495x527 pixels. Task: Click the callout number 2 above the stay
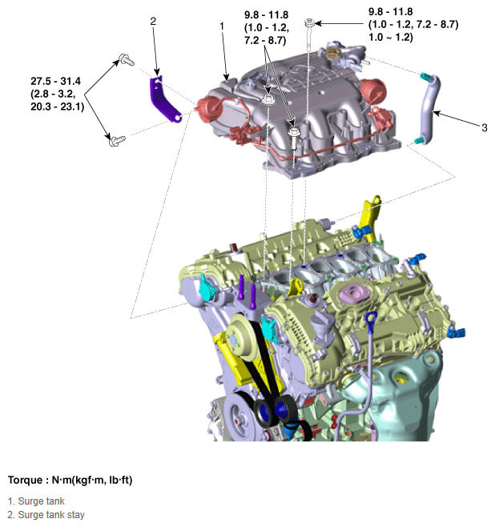click(x=152, y=22)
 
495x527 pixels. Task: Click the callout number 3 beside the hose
click(x=483, y=127)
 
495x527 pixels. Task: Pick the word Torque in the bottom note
click(x=29, y=481)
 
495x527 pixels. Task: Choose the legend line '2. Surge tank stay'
click(x=47, y=515)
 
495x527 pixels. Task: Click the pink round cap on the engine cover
click(x=353, y=292)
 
